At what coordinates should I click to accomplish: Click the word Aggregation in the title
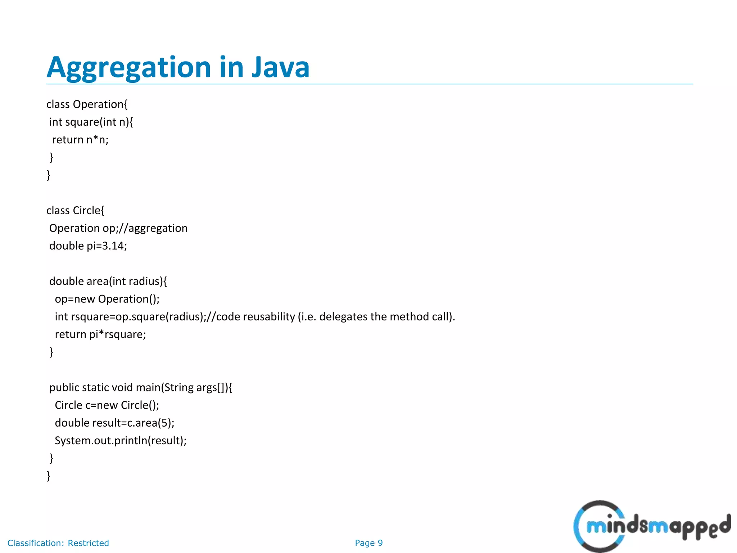(x=128, y=68)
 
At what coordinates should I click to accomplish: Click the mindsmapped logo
(x=651, y=526)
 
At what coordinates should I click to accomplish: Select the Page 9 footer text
(x=368, y=543)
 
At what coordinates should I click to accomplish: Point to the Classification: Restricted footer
(x=58, y=543)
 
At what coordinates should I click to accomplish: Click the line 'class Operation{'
(x=87, y=104)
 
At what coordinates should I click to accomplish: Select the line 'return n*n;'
(x=80, y=140)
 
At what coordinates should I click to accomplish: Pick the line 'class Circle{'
(x=75, y=211)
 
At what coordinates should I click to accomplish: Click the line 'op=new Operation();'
(x=107, y=299)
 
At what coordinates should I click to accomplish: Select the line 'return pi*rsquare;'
(x=100, y=334)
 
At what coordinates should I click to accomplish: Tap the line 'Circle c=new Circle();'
(x=107, y=405)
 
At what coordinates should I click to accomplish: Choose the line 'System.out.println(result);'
(x=121, y=441)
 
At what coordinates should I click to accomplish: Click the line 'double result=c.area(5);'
(x=114, y=423)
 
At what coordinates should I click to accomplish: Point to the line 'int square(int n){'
(x=91, y=122)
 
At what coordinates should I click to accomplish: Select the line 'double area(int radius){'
(x=108, y=281)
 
